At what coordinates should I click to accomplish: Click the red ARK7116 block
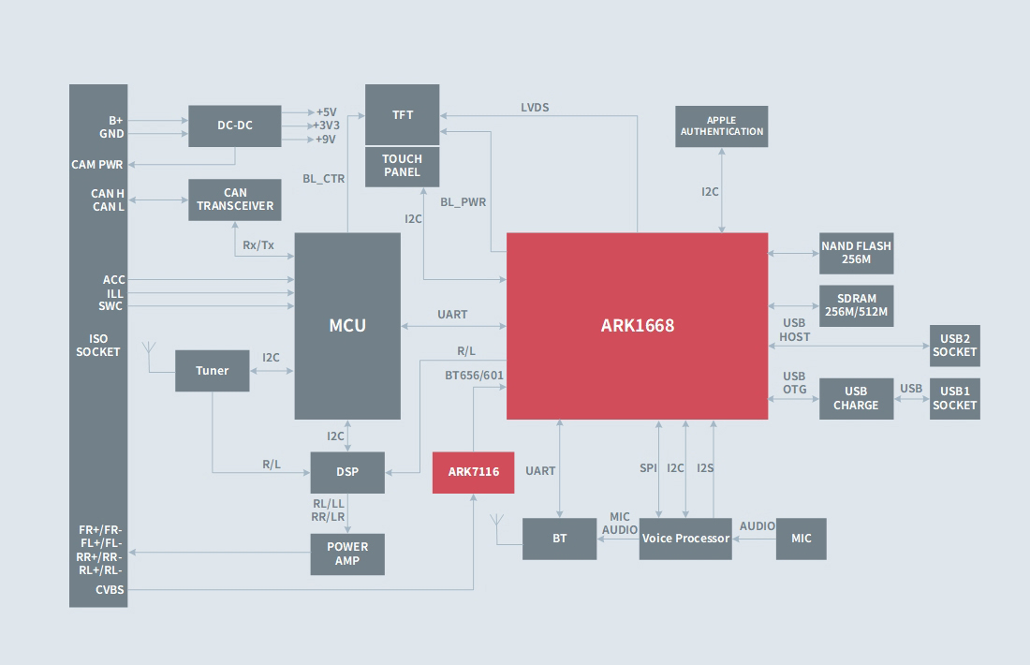click(473, 472)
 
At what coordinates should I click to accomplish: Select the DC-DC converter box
click(235, 126)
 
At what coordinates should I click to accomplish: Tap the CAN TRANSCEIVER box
click(235, 199)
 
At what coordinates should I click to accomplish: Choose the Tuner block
click(213, 371)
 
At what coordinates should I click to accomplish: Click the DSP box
click(347, 472)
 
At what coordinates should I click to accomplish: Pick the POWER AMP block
click(347, 554)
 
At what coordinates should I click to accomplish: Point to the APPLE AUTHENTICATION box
click(721, 126)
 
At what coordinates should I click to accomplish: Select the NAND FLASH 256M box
click(856, 253)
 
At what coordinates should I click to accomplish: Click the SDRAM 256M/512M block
click(856, 305)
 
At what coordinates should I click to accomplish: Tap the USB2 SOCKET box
click(954, 346)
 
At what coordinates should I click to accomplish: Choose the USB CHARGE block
click(856, 398)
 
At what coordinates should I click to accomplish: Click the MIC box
click(802, 539)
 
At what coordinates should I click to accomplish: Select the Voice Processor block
click(685, 539)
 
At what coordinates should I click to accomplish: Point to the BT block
click(559, 539)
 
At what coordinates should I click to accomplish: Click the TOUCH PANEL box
click(402, 166)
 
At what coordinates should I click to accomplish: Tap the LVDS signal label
click(535, 108)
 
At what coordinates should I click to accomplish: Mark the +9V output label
click(324, 140)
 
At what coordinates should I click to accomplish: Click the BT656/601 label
click(474, 376)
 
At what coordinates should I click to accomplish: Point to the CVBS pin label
click(110, 590)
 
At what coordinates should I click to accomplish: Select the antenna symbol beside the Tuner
click(148, 351)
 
